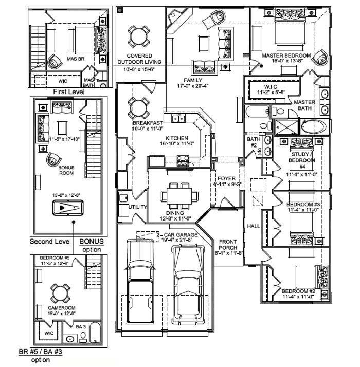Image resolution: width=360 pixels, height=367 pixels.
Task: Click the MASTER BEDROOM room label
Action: [x=286, y=55]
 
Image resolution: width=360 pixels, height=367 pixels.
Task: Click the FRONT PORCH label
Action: [x=228, y=244]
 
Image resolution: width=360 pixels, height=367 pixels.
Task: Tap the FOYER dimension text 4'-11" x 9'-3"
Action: [x=227, y=184]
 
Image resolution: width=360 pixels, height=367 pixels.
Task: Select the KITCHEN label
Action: [x=176, y=138]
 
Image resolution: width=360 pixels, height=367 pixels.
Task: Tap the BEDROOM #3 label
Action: [x=303, y=205]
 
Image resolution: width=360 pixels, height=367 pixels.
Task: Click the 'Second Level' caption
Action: [x=49, y=241]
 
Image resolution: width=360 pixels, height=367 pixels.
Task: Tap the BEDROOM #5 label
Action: [x=54, y=257]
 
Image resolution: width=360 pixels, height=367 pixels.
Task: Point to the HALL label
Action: [x=253, y=226]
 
